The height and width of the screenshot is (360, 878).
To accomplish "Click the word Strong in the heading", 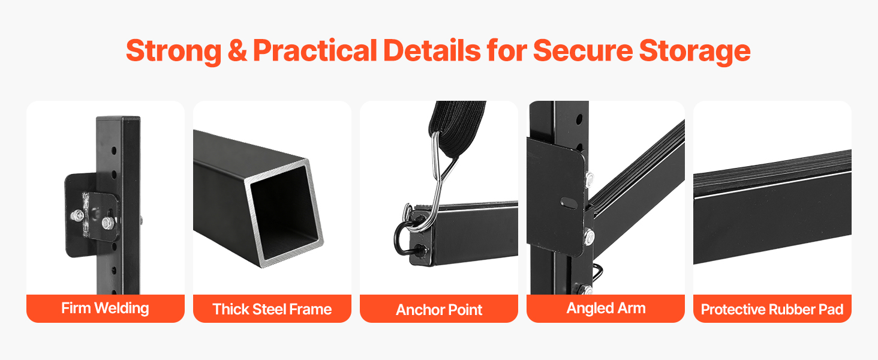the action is coord(174,52).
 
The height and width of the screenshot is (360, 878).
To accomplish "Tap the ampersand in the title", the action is coord(237,50).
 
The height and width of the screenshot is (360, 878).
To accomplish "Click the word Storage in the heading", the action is coord(694,52).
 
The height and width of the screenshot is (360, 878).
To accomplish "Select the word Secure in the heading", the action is coord(583,50).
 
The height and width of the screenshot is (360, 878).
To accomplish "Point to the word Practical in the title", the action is coord(315,50).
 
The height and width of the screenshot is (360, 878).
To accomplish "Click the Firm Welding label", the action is coord(105,308).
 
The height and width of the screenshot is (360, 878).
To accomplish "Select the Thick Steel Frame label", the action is coord(272,310).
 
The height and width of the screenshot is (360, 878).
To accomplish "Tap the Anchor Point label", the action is coord(439,310).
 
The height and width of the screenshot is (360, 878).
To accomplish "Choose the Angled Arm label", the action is coord(606,308).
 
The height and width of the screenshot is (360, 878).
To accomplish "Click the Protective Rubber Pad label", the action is coord(772,310).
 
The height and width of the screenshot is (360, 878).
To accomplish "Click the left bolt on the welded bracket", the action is coord(77,215).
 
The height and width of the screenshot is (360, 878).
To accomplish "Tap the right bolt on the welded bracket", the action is coord(107,223).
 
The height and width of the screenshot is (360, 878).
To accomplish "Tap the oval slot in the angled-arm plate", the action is coord(569,203).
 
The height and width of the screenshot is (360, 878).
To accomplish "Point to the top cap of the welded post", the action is coord(118,118).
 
